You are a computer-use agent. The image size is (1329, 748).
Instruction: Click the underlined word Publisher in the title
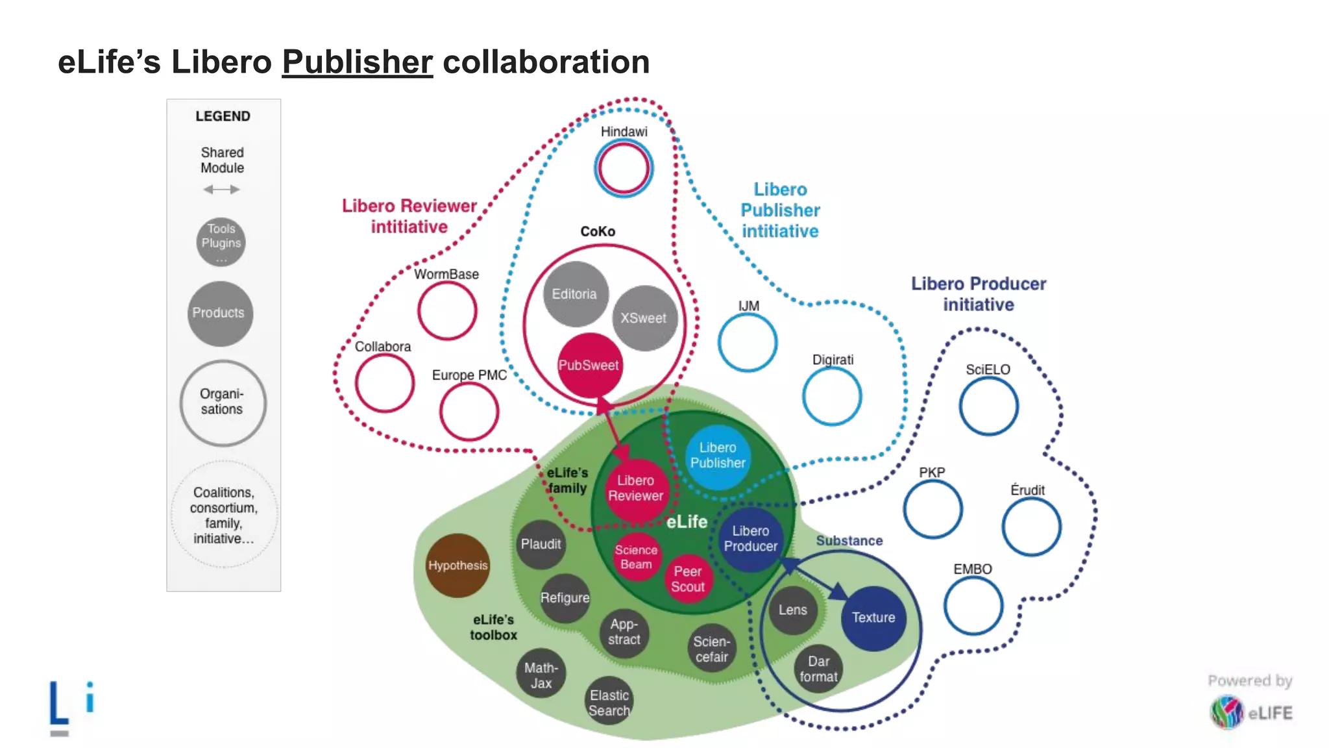click(357, 62)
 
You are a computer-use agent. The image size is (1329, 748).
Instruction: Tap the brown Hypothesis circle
click(457, 566)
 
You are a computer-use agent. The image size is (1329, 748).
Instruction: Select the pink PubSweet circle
click(589, 365)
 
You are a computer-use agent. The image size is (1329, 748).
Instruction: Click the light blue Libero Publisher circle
click(718, 456)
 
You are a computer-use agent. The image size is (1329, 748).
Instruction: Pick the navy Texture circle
click(873, 617)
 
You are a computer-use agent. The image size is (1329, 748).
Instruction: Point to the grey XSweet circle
click(644, 318)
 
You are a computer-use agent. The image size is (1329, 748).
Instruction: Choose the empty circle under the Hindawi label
click(624, 168)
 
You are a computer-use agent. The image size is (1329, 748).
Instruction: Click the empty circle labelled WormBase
click(447, 311)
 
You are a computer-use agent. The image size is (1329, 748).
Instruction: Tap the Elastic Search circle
click(609, 703)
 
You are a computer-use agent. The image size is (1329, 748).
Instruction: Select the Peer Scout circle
click(688, 579)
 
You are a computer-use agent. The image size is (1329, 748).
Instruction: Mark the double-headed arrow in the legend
click(221, 190)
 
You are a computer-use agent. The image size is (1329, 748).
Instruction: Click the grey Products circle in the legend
click(220, 313)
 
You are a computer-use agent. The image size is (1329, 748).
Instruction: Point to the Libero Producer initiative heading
click(979, 294)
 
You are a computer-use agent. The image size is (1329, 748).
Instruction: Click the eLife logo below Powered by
click(1251, 712)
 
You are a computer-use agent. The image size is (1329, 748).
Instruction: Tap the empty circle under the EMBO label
click(973, 606)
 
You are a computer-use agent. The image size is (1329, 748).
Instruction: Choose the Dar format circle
click(818, 669)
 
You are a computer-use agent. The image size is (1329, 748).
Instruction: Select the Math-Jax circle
click(541, 675)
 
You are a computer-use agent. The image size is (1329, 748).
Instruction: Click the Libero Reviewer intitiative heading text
click(409, 216)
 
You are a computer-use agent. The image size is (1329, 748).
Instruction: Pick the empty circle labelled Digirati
click(832, 396)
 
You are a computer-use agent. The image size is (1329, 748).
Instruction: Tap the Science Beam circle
click(636, 557)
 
